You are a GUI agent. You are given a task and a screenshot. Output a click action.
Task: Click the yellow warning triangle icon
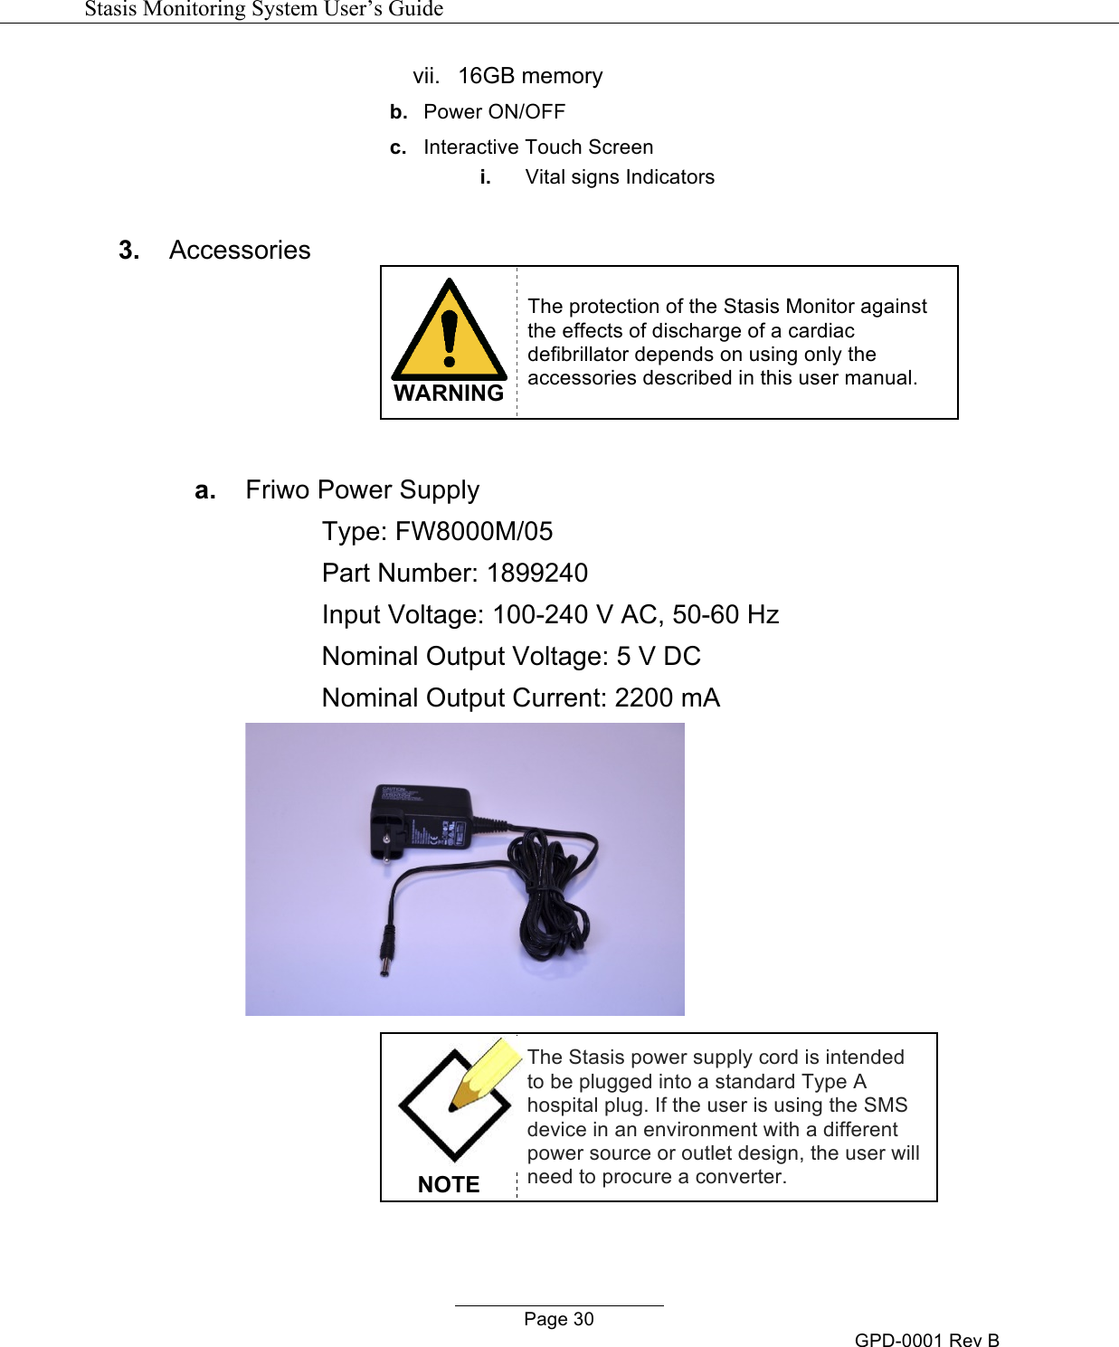click(x=449, y=332)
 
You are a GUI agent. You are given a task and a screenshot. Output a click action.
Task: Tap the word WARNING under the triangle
click(x=449, y=394)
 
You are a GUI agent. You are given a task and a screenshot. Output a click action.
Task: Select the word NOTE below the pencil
click(x=449, y=1184)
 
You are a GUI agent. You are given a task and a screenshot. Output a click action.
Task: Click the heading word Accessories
click(x=240, y=251)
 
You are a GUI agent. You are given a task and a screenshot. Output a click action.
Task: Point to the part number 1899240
click(x=537, y=573)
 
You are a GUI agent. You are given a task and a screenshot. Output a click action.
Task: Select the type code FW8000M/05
click(x=474, y=531)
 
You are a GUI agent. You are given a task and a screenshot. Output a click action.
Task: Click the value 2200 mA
click(x=667, y=697)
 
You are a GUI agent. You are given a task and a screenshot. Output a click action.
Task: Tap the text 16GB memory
click(x=530, y=76)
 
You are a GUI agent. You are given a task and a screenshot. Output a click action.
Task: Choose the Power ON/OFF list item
click(x=494, y=112)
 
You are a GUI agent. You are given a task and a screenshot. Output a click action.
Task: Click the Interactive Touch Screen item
click(x=538, y=147)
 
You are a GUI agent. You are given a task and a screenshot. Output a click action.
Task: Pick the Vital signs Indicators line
click(x=620, y=177)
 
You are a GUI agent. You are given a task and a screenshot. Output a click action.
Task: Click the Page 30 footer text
click(x=559, y=1319)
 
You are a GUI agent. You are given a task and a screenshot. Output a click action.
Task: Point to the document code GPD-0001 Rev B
click(x=926, y=1340)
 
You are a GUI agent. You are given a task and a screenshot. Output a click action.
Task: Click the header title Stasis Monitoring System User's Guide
click(x=264, y=9)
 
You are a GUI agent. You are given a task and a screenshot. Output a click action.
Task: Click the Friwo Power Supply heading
click(x=362, y=490)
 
